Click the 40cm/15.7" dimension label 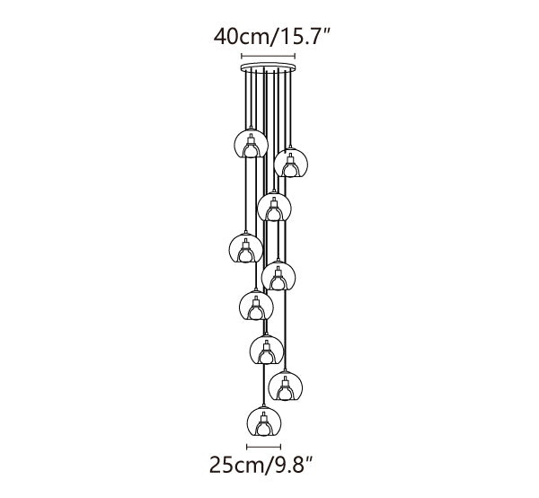271,36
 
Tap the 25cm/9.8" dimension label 261,465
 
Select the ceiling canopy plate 268,67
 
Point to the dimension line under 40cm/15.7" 268,56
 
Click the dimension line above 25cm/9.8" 264,447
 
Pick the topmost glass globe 251,144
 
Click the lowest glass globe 264,421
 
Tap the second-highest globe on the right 291,163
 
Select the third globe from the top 274,207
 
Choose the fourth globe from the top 245,248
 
